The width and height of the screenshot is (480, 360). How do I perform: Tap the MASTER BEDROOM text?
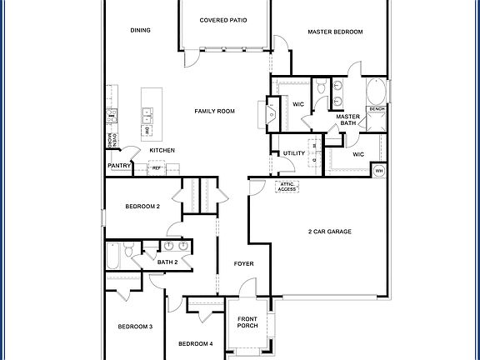[x=335, y=32]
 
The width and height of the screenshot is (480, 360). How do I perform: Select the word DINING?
[x=140, y=31]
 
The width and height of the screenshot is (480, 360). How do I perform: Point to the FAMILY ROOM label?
[x=215, y=111]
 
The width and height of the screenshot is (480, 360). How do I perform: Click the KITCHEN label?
[x=162, y=150]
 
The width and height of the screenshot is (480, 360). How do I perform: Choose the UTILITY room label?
[x=293, y=153]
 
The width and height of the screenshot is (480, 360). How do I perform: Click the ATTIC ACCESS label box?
[x=287, y=187]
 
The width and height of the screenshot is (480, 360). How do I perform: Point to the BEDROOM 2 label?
[x=142, y=206]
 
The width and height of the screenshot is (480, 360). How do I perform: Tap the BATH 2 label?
[x=167, y=262]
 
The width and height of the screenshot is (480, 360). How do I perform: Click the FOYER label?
[x=243, y=264]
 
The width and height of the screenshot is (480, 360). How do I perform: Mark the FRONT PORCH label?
[x=247, y=322]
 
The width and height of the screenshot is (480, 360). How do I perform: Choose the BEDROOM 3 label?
[x=135, y=326]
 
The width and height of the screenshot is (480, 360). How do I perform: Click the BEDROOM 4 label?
[x=195, y=343]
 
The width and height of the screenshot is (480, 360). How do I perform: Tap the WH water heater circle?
[x=378, y=171]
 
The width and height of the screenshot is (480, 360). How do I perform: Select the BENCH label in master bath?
[x=377, y=109]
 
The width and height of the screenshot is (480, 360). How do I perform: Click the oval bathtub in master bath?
[x=377, y=91]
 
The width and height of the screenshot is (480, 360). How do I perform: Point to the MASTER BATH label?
[x=347, y=120]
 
